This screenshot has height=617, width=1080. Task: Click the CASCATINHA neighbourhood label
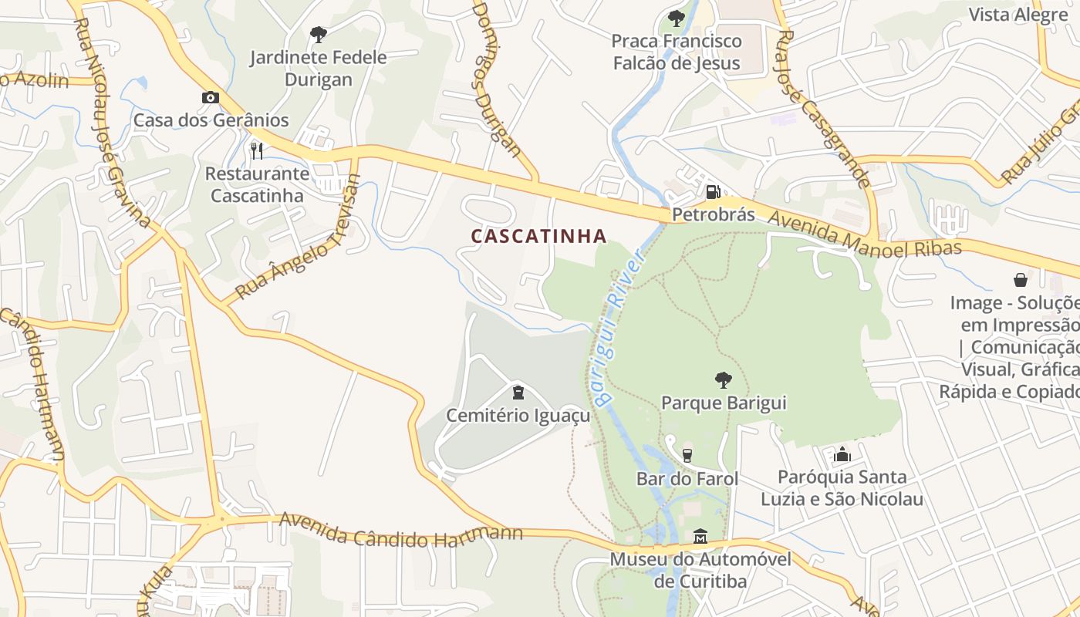538,236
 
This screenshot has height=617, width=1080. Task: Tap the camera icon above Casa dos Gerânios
210,98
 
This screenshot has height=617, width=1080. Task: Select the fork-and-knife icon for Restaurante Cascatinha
257,150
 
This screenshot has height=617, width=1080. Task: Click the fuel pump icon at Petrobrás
714,191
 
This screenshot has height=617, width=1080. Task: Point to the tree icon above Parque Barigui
723,379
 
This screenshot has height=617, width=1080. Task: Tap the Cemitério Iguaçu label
518,416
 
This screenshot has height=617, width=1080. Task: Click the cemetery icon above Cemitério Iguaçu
518,393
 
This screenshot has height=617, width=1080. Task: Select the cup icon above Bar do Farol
687,456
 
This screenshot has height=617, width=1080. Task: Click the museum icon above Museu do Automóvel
700,536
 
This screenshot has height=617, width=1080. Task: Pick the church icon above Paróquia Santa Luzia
842,454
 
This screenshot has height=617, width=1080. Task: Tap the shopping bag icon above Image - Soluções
1021,280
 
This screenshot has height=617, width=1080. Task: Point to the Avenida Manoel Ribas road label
864,235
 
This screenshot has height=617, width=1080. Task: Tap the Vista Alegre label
1018,15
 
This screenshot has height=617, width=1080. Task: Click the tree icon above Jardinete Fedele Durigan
318,35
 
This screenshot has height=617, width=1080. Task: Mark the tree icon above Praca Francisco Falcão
677,18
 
